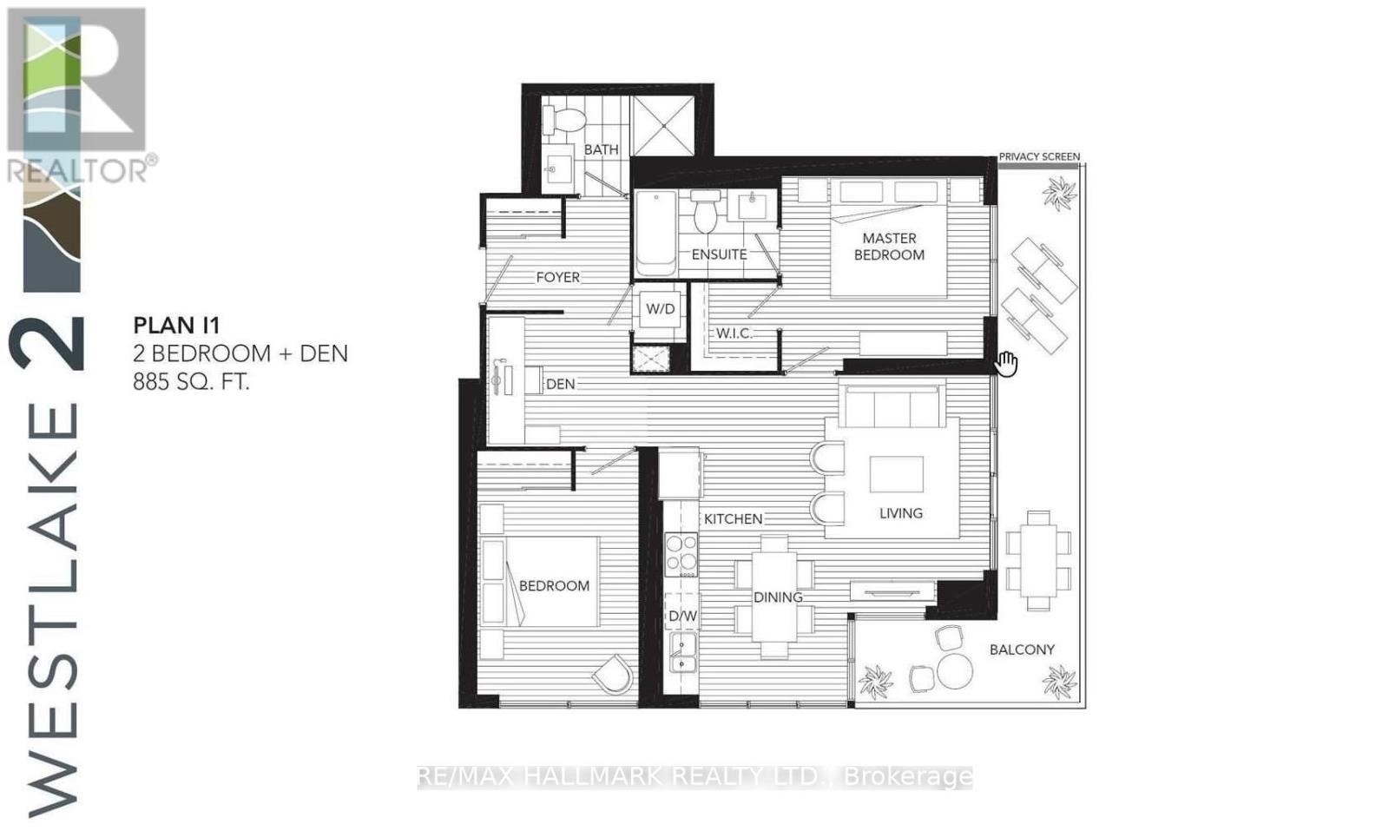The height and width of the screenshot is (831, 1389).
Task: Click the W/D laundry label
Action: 661,309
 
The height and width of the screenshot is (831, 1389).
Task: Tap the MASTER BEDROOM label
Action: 889,247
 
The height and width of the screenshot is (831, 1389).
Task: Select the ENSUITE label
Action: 719,254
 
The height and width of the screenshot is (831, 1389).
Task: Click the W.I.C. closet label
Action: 734,333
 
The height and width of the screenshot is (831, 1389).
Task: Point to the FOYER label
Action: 557,277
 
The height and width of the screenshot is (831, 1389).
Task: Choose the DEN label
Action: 561,384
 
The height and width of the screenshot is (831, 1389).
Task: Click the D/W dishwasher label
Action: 682,617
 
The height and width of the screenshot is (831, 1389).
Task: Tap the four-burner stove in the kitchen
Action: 681,554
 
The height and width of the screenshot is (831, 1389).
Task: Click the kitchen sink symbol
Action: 682,652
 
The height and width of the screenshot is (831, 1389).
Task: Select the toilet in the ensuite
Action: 706,214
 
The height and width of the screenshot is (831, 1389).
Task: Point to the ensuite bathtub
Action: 656,233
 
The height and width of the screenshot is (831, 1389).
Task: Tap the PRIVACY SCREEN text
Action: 1039,157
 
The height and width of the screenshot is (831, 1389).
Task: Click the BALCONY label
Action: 1022,650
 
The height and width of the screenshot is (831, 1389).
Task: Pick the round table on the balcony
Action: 955,670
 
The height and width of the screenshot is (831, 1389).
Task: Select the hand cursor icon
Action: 1006,364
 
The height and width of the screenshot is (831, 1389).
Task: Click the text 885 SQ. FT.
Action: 191,381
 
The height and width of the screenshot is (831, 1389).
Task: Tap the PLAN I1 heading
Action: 176,326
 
